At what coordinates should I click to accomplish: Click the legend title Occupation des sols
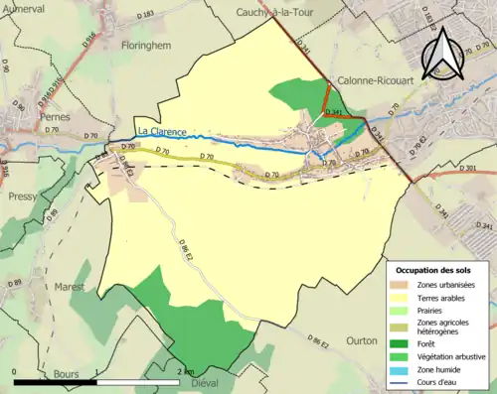439,270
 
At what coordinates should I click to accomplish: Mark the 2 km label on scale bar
186,371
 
